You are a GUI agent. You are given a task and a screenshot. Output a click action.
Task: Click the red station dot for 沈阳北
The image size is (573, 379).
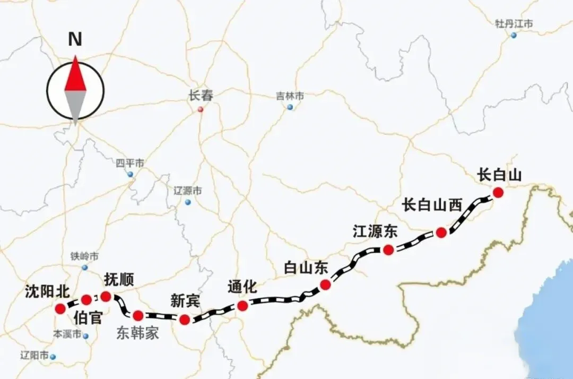[60, 308]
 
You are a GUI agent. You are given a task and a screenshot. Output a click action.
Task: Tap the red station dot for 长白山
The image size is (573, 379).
[498, 192]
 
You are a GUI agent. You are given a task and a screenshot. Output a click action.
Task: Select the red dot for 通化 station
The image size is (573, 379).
[242, 305]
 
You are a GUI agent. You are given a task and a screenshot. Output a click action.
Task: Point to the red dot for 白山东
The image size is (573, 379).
[326, 285]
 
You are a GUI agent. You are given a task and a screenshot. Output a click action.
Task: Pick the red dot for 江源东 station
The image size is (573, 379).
[388, 250]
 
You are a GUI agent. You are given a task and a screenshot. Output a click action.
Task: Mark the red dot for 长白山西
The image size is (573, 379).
[441, 232]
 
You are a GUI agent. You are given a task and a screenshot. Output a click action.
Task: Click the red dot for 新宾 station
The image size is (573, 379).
[185, 320]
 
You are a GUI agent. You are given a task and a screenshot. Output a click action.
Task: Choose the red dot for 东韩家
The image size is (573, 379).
[138, 316]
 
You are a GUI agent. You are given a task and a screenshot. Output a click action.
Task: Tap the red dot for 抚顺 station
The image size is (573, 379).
[106, 296]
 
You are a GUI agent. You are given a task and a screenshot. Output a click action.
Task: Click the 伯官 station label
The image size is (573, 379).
[88, 318]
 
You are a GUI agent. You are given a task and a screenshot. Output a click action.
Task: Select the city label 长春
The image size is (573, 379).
[201, 96]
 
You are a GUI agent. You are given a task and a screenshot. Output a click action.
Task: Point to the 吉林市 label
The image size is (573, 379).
[290, 96]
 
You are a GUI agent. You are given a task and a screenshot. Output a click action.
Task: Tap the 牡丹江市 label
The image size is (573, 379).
[514, 24]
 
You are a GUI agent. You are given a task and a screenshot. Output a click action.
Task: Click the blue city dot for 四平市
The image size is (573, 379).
[130, 174]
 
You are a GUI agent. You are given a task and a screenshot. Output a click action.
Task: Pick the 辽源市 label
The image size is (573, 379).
[188, 191]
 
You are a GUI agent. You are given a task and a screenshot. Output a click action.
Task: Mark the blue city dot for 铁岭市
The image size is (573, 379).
[85, 267]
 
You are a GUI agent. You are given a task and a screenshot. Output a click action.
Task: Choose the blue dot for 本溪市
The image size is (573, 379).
[85, 335]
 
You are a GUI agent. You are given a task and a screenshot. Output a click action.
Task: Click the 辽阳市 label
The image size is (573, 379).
[34, 355]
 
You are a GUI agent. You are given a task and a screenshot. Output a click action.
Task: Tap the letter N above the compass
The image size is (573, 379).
[75, 39]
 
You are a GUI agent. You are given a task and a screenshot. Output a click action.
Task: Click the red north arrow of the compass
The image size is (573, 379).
[75, 74]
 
